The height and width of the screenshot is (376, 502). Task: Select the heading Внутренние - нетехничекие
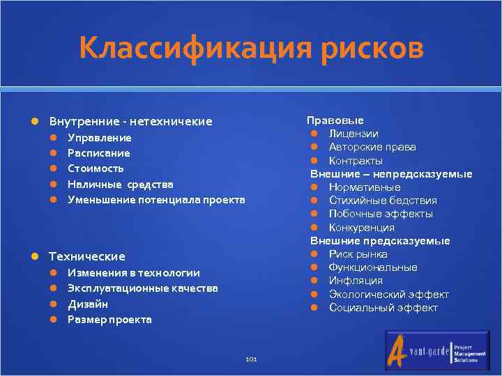(x=130, y=122)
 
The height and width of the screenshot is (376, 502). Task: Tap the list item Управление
(x=99, y=138)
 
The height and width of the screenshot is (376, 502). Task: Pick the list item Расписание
(x=98, y=153)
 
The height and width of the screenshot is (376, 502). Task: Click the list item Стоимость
(x=96, y=169)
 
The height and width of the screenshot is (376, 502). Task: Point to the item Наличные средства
(x=120, y=185)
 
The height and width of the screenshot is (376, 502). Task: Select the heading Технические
(x=86, y=256)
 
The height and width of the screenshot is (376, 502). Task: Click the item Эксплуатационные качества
(x=142, y=288)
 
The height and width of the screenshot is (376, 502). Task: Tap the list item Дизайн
(x=88, y=304)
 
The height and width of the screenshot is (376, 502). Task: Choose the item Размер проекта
(x=109, y=320)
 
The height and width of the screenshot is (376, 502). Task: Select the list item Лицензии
(x=353, y=134)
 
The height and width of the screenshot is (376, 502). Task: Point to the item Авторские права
(x=372, y=147)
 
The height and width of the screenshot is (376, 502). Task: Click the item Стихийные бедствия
(x=383, y=201)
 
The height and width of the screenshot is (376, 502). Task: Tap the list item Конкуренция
(x=361, y=228)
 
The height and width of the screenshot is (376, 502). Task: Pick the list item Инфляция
(x=356, y=281)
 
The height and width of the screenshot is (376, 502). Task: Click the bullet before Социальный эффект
(x=314, y=308)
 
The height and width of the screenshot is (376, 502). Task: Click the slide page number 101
(x=252, y=359)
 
